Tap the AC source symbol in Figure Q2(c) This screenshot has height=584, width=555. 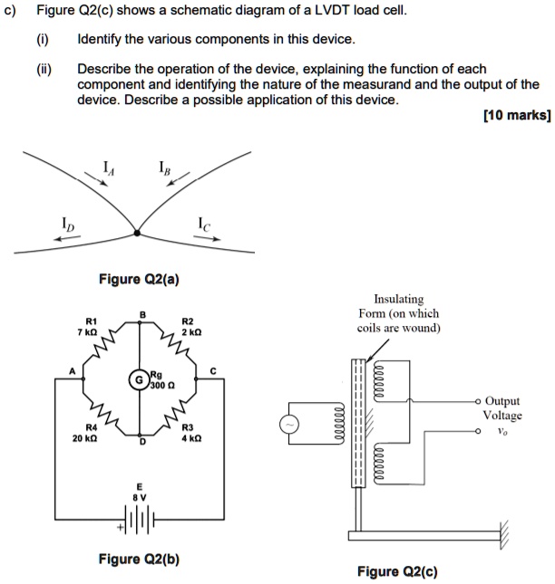(x=292, y=425)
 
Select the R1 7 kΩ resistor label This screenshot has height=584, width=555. (x=91, y=327)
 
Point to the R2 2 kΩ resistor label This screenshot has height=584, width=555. (x=189, y=327)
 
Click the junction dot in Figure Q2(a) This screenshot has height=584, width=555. (x=137, y=233)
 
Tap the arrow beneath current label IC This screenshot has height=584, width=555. (x=208, y=239)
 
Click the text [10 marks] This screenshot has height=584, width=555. (x=519, y=117)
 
